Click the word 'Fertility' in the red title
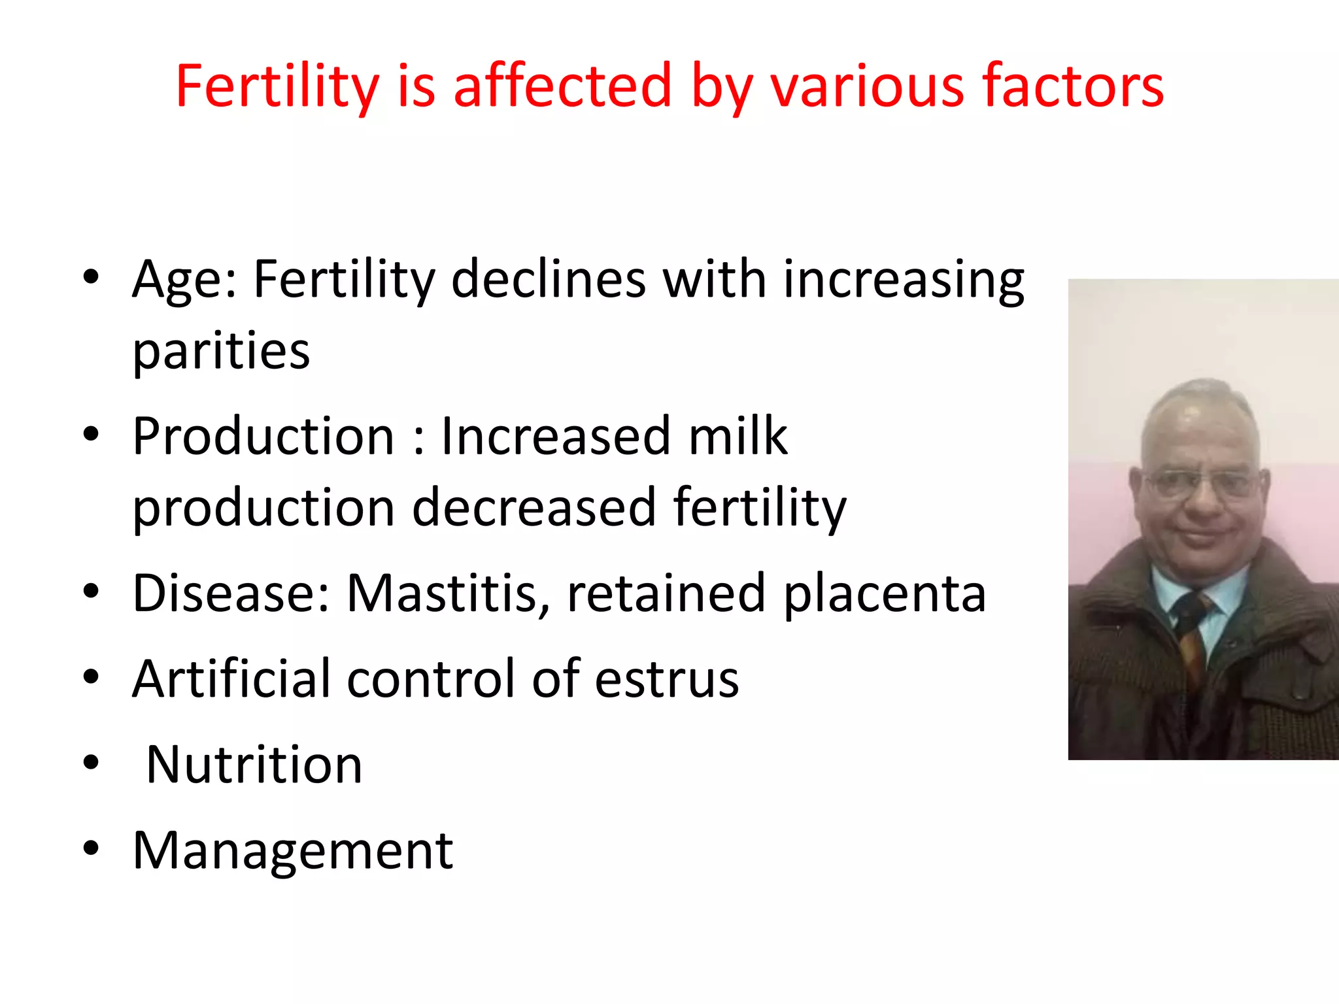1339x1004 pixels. tap(277, 86)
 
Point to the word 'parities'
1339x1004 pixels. tap(221, 352)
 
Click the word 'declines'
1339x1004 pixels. tap(549, 280)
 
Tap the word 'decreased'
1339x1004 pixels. tap(534, 507)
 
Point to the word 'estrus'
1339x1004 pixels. tap(667, 680)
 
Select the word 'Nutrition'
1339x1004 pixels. tap(254, 765)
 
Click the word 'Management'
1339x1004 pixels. tap(292, 851)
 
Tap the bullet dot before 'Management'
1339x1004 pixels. tap(91, 848)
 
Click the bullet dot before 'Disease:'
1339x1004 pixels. tap(91, 591)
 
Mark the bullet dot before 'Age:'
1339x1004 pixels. tap(91, 277)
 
